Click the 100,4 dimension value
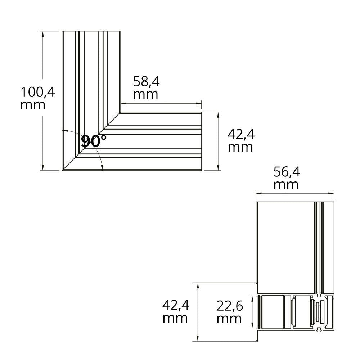(38, 92)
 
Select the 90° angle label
(94, 141)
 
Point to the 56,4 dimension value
(287, 172)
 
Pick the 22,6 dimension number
(230, 306)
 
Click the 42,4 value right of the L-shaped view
(241, 134)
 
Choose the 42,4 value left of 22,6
(176, 305)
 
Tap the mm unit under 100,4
(33, 105)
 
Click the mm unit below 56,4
(286, 185)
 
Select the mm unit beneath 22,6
(229, 319)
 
